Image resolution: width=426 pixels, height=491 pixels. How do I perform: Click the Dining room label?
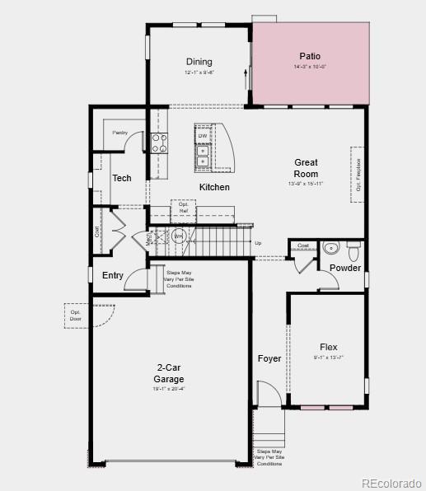tap(199, 62)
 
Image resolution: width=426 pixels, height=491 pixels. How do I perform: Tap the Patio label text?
tap(311, 57)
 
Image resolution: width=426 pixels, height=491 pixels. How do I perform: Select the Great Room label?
tap(306, 168)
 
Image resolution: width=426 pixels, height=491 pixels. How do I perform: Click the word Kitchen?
tap(214, 187)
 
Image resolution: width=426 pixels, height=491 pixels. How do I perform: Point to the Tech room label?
tap(122, 178)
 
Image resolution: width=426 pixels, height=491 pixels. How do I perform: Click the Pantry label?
tap(119, 132)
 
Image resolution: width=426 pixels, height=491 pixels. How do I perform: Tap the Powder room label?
tap(344, 268)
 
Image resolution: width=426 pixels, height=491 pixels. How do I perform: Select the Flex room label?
tap(329, 347)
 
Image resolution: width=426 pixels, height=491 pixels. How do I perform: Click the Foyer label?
tap(269, 358)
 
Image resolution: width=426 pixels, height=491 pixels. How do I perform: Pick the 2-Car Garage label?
tap(168, 373)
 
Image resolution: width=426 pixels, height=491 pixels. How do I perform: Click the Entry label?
tap(113, 276)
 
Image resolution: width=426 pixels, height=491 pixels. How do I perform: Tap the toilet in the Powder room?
tap(353, 247)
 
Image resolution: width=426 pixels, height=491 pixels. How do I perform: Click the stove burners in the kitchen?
tap(159, 143)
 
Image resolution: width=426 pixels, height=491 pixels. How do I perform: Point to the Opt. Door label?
tap(76, 316)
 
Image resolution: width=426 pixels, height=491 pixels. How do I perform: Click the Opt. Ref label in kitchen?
tap(183, 207)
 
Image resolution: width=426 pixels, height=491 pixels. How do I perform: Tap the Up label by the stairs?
tap(258, 243)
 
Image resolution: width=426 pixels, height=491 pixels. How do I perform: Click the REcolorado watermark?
tap(392, 483)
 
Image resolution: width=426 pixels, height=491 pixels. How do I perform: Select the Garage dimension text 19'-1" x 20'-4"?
tap(168, 389)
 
